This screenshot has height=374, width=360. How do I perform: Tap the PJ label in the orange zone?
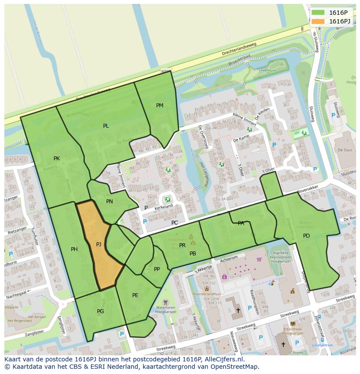[99, 245]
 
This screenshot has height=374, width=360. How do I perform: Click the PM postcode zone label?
[160, 106]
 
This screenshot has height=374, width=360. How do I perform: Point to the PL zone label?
[106, 126]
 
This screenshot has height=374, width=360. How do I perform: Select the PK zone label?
[57, 159]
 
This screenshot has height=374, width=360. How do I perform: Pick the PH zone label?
[74, 249]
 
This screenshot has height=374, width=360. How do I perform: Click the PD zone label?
[307, 236]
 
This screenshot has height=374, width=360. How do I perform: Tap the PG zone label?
[100, 311]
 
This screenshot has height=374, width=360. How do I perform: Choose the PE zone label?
[135, 295]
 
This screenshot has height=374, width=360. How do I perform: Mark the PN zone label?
[110, 202]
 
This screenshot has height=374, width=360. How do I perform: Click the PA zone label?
[241, 223]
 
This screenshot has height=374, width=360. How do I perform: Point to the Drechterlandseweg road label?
[239, 49]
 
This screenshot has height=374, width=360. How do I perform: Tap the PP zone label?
[157, 269]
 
